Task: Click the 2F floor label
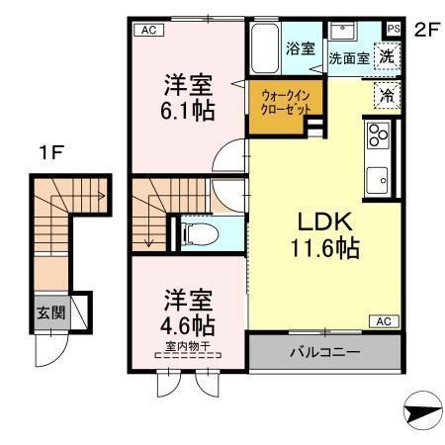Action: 425,29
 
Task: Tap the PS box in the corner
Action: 394,29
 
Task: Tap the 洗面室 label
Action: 348,58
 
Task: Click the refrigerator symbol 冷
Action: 389,96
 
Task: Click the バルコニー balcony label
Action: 324,352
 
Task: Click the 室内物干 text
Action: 186,346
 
